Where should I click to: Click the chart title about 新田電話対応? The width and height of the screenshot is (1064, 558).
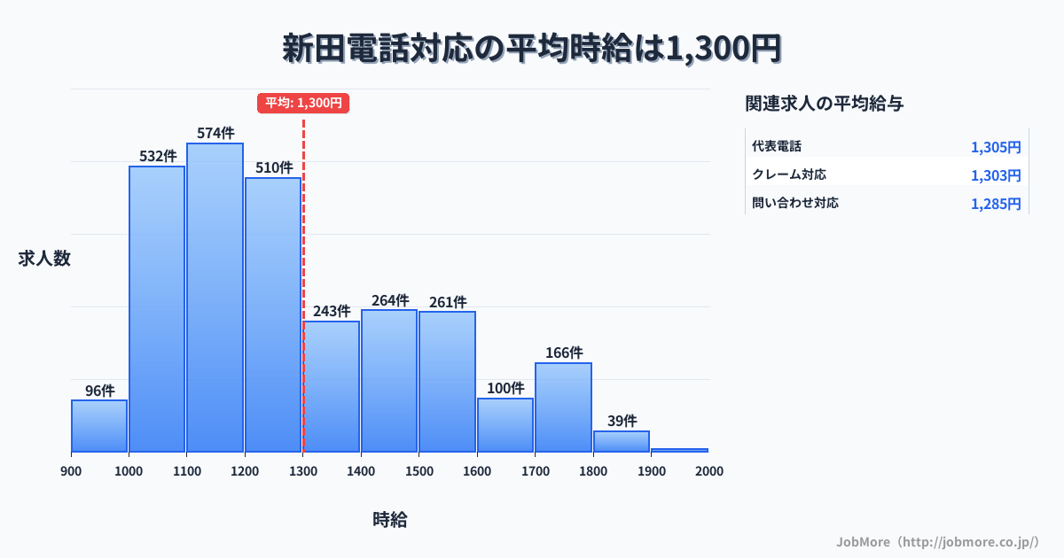(x=532, y=49)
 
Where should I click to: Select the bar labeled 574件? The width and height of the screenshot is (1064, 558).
(x=215, y=298)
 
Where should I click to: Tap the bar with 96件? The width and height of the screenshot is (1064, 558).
(x=99, y=426)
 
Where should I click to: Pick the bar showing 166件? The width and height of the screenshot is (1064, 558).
(x=563, y=407)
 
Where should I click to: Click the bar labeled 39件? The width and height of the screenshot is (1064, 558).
(x=622, y=441)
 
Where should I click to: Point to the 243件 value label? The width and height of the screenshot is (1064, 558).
(x=332, y=312)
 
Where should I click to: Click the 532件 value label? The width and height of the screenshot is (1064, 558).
(x=158, y=157)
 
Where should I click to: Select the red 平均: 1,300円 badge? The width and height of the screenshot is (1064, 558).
(x=303, y=103)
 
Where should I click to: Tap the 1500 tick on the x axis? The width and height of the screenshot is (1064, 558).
(x=419, y=471)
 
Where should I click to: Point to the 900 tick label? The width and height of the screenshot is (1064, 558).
(x=71, y=471)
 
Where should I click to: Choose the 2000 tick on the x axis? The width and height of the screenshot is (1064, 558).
(x=708, y=471)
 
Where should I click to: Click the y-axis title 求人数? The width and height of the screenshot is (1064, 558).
(x=44, y=259)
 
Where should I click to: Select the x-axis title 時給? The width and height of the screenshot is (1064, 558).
(x=390, y=520)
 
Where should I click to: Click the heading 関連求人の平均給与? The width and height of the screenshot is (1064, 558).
(x=825, y=104)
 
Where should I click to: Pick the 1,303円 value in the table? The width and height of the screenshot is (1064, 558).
(x=996, y=175)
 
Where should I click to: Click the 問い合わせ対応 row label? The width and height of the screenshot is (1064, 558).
(x=795, y=203)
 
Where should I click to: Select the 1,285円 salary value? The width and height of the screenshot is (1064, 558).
(x=996, y=204)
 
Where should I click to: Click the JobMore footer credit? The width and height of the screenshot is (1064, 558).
(x=937, y=540)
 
